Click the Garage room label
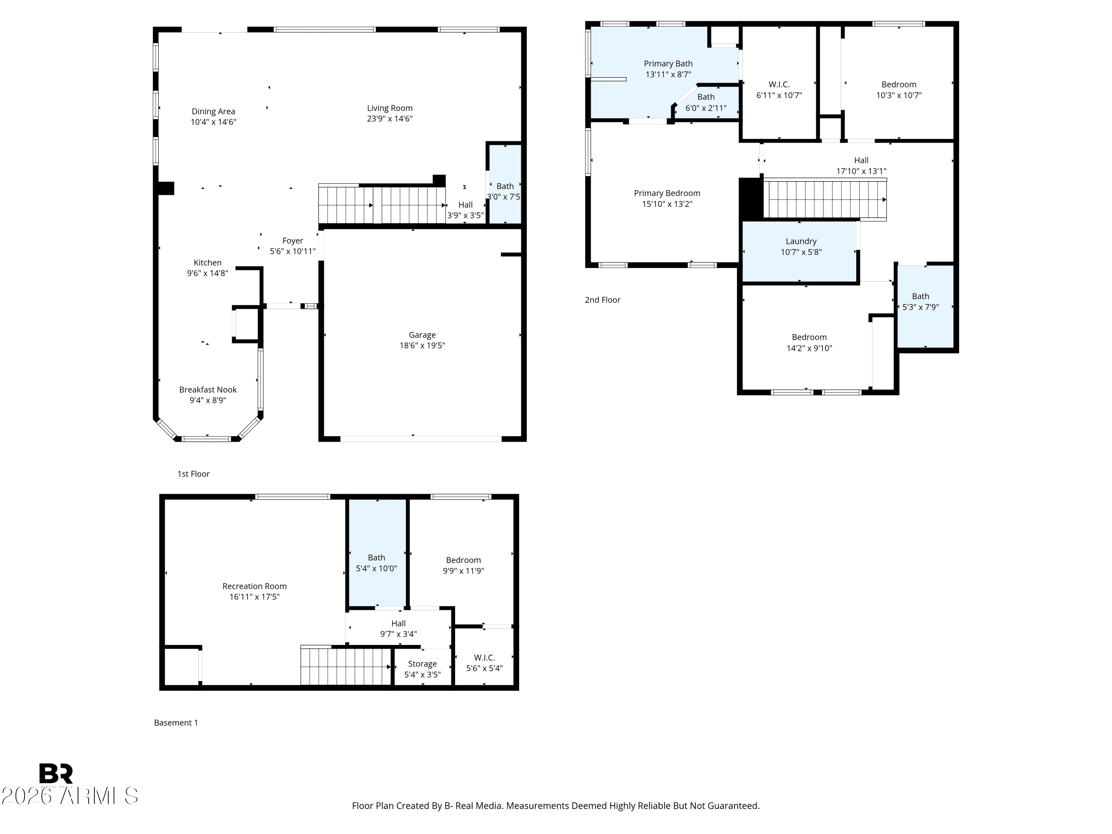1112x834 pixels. point(422,335)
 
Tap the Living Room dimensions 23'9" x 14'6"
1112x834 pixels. point(390,119)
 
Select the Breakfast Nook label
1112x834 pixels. point(208,390)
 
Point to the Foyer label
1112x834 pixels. point(292,241)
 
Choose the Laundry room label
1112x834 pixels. point(801,241)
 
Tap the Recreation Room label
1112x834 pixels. point(254,586)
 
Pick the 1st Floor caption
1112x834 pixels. point(193,474)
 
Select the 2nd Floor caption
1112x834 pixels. point(602,299)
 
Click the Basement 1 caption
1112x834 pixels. point(176,722)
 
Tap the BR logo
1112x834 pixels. point(56,774)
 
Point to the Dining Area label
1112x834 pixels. point(213,112)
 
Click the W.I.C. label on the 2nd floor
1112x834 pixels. point(779,85)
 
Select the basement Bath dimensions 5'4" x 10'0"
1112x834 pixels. point(376,569)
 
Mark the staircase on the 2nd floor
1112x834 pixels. point(824,199)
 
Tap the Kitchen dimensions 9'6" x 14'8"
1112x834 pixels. point(208,273)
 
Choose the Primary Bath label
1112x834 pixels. point(668,63)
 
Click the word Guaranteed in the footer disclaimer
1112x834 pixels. point(733,806)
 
